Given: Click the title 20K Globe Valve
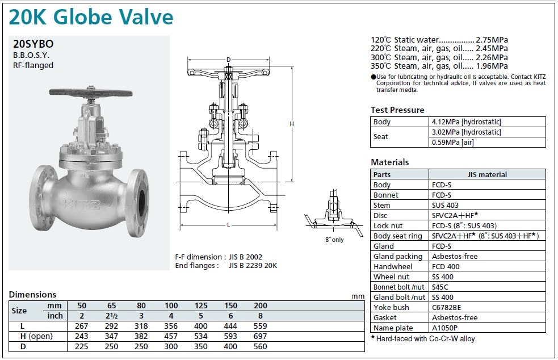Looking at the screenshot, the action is [x=91, y=17].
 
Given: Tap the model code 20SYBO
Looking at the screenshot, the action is [x=33, y=44].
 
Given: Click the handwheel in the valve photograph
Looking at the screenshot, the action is [x=90, y=93].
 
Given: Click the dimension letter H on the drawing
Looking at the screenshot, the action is [x=292, y=124].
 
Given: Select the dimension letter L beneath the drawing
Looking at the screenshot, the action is [x=228, y=225].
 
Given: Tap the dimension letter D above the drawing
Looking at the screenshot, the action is [x=228, y=60].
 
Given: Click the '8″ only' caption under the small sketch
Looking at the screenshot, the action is [x=334, y=240].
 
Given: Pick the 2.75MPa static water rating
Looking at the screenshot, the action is [x=492, y=40].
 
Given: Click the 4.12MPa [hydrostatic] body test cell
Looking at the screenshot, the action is [x=466, y=122].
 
